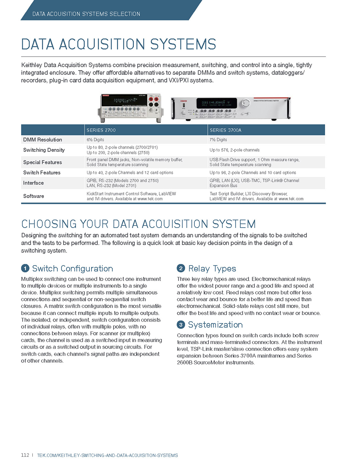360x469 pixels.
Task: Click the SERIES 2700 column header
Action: tap(101, 130)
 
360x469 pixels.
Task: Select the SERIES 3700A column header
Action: tap(225, 130)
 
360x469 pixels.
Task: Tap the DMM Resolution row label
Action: tap(42, 140)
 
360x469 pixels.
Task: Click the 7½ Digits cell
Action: tap(218, 140)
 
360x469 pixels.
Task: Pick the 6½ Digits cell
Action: tap(95, 140)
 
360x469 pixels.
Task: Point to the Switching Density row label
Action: tap(44, 150)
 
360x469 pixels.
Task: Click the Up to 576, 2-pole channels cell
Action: tap(234, 150)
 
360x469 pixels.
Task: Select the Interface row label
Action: tap(33, 183)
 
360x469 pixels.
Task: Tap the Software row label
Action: tap(33, 196)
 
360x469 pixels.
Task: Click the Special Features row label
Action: tap(42, 162)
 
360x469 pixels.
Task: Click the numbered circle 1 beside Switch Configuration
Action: tap(25, 268)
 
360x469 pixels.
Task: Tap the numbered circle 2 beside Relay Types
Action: tap(181, 268)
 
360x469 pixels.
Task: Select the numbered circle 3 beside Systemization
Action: tap(181, 325)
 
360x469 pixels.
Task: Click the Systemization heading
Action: tap(215, 325)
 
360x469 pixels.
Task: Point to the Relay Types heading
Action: tap(212, 268)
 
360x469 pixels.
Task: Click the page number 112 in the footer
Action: tap(25, 455)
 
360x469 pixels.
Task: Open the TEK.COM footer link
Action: tap(107, 455)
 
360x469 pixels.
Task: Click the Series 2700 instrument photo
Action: tap(130, 108)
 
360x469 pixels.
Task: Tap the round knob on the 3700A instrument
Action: tap(246, 103)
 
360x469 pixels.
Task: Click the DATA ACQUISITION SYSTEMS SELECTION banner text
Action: tap(86, 14)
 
